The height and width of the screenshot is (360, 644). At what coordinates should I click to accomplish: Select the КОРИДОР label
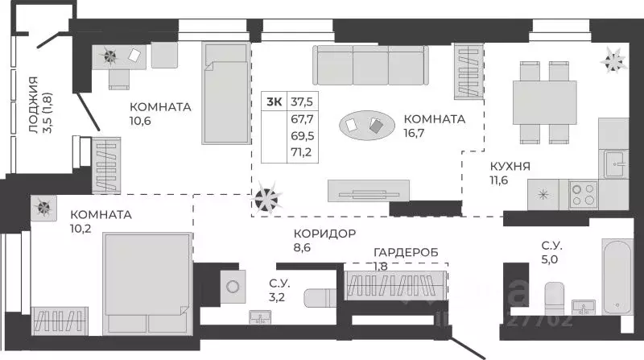click(x=324, y=234)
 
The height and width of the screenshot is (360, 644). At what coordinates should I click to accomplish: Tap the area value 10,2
click(x=84, y=230)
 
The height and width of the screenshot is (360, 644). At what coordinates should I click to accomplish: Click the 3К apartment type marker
click(x=275, y=101)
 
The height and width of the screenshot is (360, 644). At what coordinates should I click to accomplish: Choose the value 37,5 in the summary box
click(x=303, y=101)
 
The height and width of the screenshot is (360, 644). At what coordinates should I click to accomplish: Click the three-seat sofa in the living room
click(x=370, y=64)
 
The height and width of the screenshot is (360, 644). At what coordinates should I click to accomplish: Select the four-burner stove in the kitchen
click(x=583, y=193)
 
